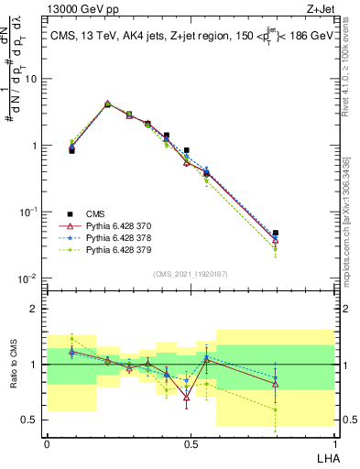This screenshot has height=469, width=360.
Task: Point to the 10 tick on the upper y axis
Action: (33, 79)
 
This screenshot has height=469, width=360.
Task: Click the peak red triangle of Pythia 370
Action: (108, 104)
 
